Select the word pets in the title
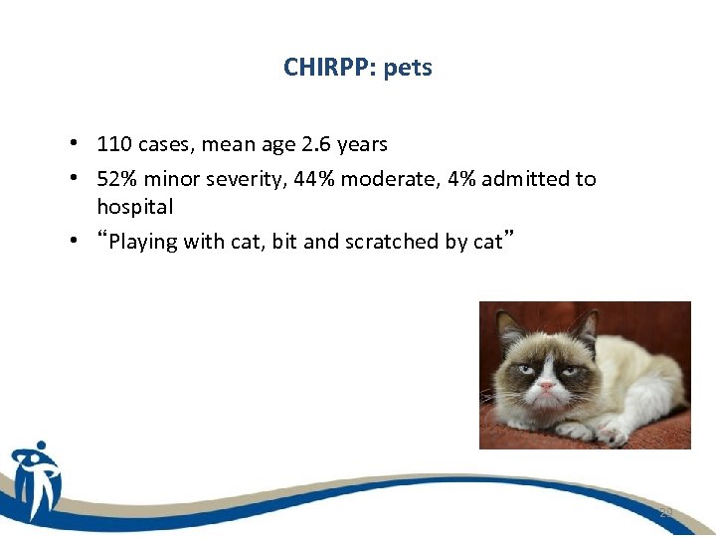(408, 69)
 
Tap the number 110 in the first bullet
(114, 144)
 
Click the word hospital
(134, 207)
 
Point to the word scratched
(388, 242)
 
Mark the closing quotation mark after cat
(508, 237)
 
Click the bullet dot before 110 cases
(76, 144)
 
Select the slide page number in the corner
(665, 512)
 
